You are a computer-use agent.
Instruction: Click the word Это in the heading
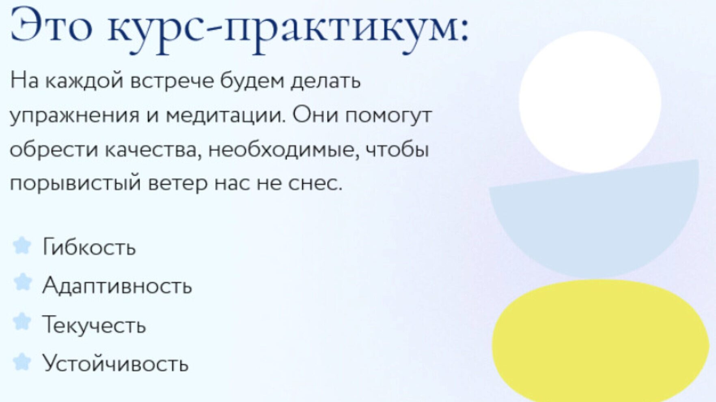[x=52, y=25]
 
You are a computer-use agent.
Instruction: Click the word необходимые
[x=284, y=150]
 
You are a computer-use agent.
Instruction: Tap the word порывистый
[x=75, y=183]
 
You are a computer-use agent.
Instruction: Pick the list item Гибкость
[x=89, y=246]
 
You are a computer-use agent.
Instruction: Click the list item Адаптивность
[x=117, y=285]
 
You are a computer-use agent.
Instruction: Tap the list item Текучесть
[x=94, y=325]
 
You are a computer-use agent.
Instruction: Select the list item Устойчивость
[x=116, y=363]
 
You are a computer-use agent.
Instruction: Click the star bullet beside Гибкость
[x=22, y=246]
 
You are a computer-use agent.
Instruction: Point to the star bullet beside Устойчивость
[x=22, y=362]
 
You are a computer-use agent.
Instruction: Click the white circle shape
[x=590, y=102]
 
